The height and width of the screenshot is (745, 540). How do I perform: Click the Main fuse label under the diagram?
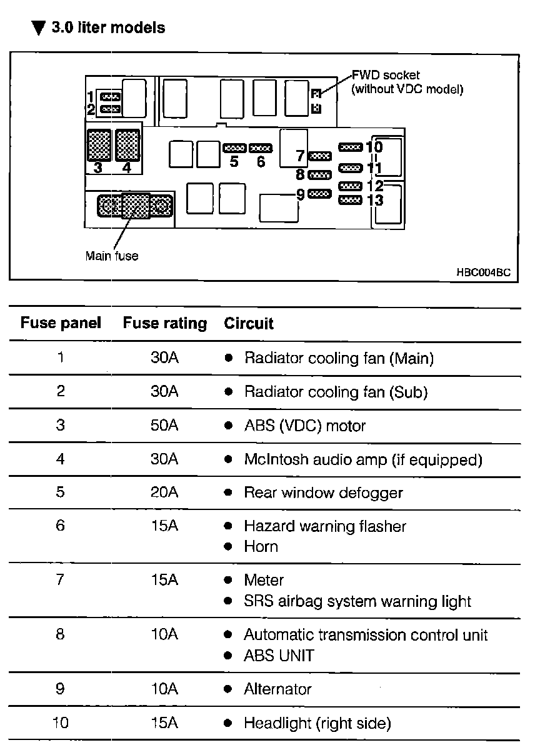[112, 256]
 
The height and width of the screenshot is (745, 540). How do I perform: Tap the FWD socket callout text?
[407, 82]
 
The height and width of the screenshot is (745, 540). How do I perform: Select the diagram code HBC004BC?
[483, 272]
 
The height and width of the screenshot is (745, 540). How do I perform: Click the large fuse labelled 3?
[99, 146]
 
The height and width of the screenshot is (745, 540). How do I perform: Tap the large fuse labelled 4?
[127, 146]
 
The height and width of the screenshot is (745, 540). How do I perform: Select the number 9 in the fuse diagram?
[300, 194]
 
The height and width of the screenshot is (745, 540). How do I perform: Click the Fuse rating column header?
[164, 324]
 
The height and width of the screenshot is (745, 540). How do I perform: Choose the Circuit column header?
[249, 324]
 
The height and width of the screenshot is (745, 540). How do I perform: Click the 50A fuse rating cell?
[164, 426]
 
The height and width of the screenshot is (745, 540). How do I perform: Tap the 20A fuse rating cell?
[164, 492]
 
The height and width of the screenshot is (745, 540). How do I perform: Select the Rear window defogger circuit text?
[323, 492]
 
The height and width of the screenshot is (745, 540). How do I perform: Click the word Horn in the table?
[261, 546]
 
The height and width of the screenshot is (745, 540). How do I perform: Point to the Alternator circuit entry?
[277, 689]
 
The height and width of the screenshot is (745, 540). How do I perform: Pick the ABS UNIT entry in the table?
[279, 656]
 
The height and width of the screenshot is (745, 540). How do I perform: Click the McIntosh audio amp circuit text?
[363, 459]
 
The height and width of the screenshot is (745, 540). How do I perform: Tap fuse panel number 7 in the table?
[60, 580]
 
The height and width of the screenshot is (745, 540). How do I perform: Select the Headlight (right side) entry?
[317, 723]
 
